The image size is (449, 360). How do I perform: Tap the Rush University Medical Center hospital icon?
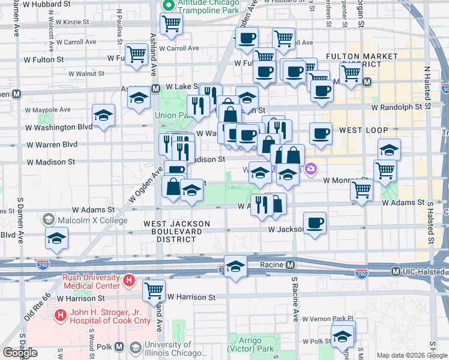click(x=128, y=281)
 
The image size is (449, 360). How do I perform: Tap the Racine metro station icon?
click(x=290, y=265)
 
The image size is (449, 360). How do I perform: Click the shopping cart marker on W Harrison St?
click(x=154, y=290)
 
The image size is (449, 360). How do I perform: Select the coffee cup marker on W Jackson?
click(x=315, y=224)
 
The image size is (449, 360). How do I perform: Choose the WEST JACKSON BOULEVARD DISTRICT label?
click(x=176, y=231)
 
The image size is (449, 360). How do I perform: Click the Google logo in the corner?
click(x=20, y=353)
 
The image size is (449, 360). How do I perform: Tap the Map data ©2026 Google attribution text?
click(x=412, y=355)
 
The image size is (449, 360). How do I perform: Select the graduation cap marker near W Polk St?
click(x=343, y=336)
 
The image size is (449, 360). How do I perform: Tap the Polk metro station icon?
click(x=119, y=347)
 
